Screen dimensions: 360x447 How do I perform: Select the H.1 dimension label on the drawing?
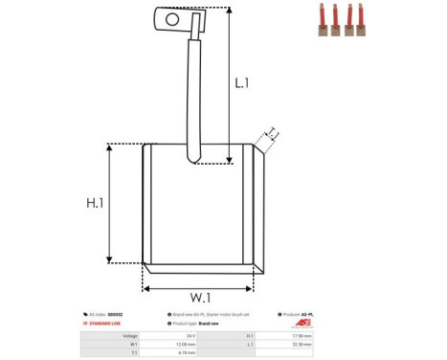(x=95, y=203)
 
